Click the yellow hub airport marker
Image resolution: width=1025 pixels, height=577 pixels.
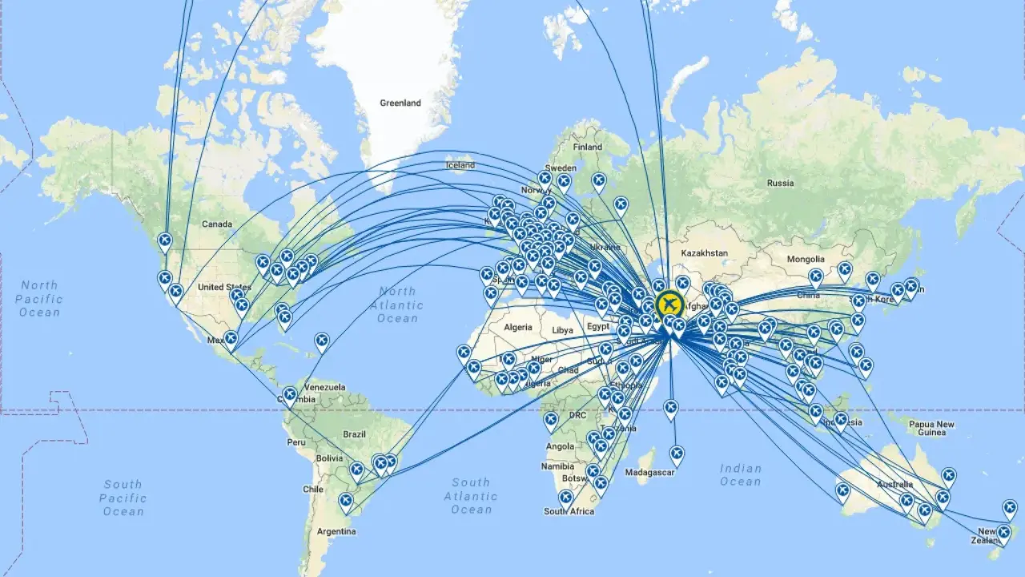tap(669, 305)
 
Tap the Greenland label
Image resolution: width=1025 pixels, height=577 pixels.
tap(400, 103)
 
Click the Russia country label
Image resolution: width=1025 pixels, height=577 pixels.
tap(780, 183)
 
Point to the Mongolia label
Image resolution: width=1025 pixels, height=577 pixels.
tap(806, 260)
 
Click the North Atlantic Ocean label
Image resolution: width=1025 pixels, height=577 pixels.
tap(397, 305)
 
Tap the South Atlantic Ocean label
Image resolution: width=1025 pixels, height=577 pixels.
tap(471, 496)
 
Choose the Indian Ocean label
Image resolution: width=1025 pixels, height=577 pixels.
tap(740, 474)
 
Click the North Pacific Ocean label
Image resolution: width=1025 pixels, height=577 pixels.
tap(39, 298)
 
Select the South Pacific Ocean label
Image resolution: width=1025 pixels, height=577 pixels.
tap(123, 498)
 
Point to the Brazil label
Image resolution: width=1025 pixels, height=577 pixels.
tap(354, 434)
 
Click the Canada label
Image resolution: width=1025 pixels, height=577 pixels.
tap(216, 224)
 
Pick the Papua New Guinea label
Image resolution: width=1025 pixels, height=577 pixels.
tap(932, 428)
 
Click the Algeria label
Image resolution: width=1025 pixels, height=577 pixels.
tap(517, 328)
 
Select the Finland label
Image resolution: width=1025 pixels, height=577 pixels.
tap(587, 147)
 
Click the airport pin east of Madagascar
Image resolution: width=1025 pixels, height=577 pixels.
tap(677, 455)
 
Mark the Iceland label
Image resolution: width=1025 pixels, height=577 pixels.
tap(460, 166)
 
